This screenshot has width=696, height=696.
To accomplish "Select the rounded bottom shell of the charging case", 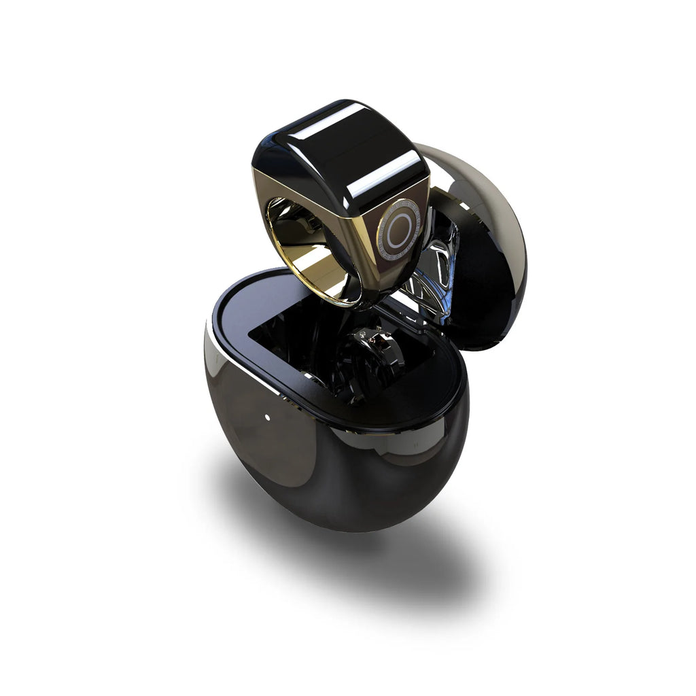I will tap(326, 476).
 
